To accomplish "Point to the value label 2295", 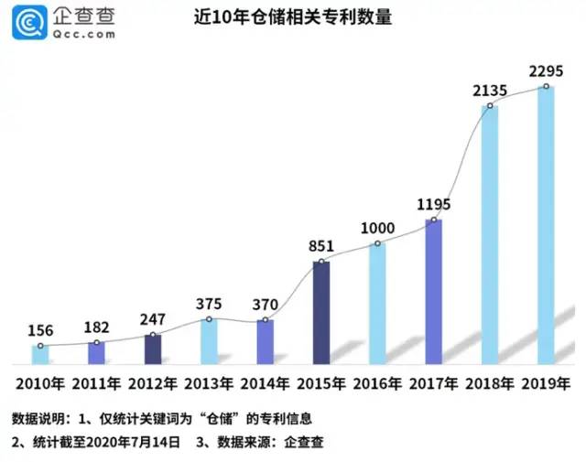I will pos(546,70).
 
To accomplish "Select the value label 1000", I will pos(377,228).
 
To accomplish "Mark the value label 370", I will pos(265,304).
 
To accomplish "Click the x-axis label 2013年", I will pos(209,382).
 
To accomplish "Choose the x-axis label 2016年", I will pos(377,382).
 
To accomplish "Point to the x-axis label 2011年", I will pos(96,382).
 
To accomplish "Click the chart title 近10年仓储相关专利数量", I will pos(293,18).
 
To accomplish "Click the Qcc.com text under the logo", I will pos(83,34).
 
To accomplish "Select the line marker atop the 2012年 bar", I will pos(153,335).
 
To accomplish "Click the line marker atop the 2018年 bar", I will pos(490,106).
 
